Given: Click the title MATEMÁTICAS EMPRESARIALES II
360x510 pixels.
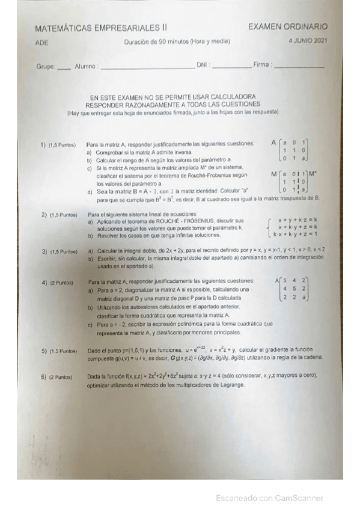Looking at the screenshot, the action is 101,28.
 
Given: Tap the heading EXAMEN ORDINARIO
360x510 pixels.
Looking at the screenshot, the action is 288,26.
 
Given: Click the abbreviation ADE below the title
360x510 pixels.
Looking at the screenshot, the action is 41,43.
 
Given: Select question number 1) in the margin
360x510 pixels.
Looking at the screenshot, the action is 43,145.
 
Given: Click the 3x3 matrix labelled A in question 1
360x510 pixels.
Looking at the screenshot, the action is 295,150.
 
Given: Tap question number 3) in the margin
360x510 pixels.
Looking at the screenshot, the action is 44,251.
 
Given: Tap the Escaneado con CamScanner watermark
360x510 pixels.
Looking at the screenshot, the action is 270,498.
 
